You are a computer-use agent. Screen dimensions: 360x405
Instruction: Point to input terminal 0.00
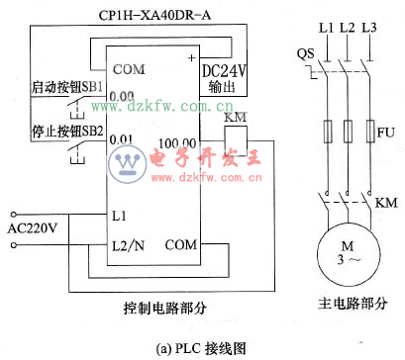122,97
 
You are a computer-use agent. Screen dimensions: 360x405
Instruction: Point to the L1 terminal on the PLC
120,214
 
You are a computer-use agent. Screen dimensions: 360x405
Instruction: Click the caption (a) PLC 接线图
202,347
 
